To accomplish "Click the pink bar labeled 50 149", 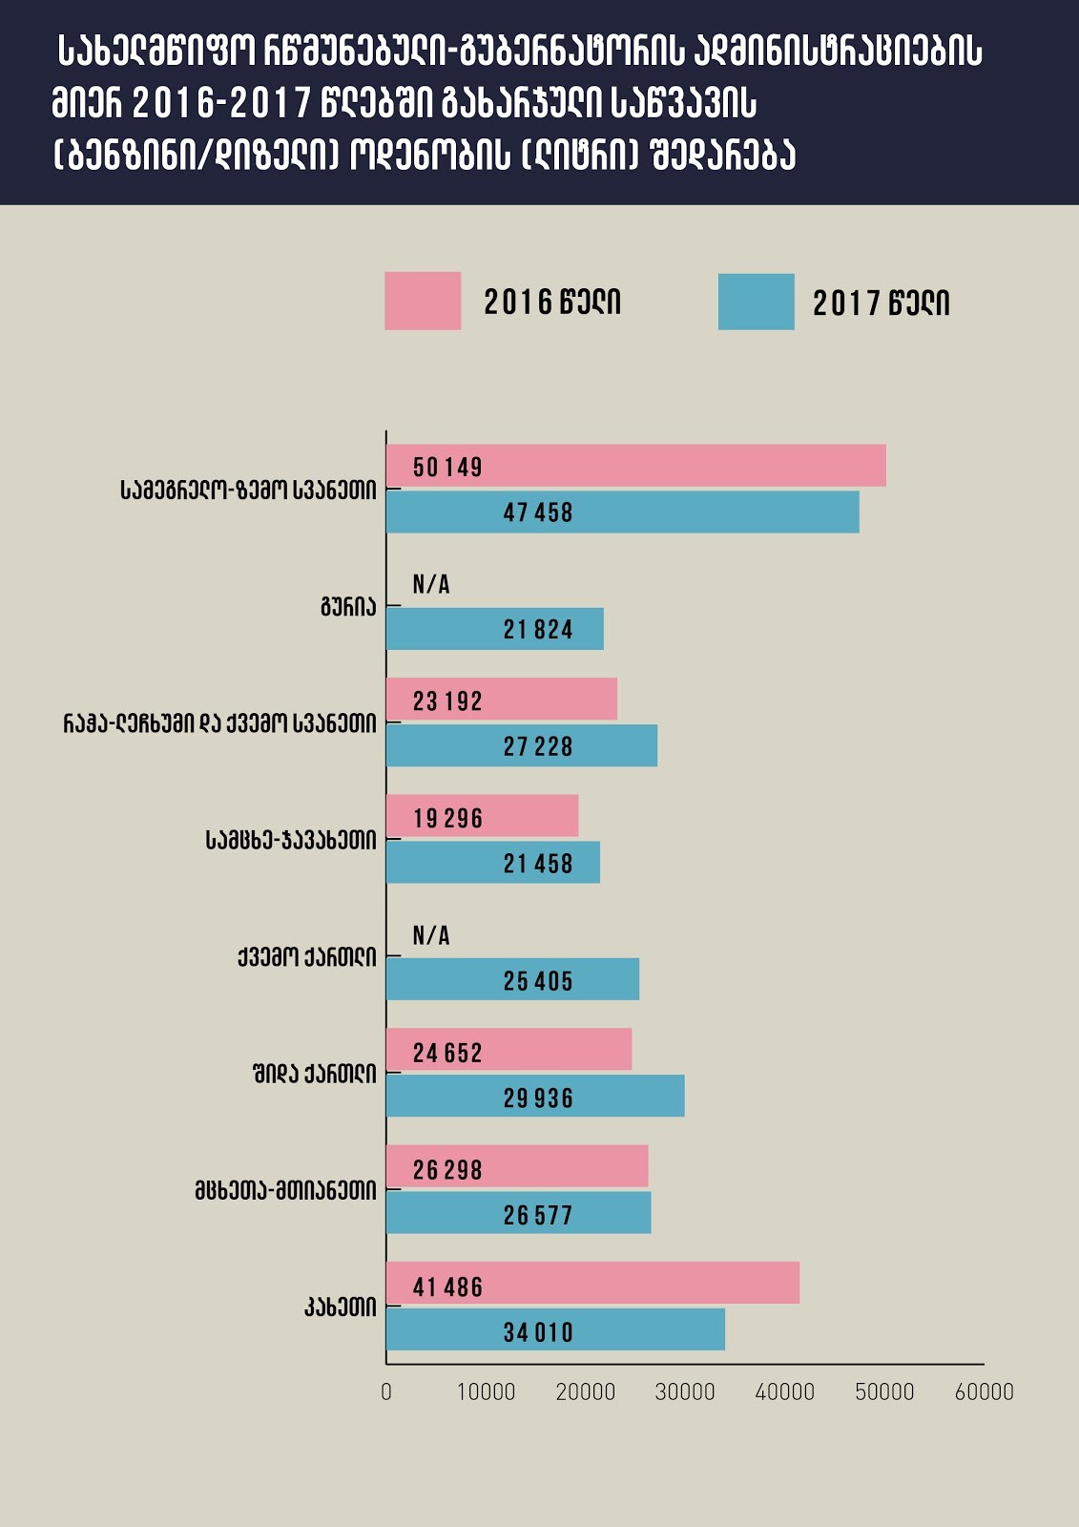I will [636, 466].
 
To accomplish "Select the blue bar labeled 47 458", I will [623, 512].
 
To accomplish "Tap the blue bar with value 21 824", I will [495, 629].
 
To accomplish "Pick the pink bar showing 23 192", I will [502, 700].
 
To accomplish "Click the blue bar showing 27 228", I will [522, 745].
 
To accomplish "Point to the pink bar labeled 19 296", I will [483, 816].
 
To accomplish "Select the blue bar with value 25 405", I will [513, 979].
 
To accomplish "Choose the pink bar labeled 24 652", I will [509, 1050].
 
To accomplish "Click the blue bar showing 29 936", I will [535, 1096].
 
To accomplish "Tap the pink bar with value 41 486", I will [593, 1284].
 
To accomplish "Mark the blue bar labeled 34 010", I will [556, 1329].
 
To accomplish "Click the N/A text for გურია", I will [431, 584].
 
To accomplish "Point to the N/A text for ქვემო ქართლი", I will [431, 935].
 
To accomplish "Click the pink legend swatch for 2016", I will [423, 301].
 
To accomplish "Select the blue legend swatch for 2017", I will [756, 302].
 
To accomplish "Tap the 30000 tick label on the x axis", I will [685, 1391].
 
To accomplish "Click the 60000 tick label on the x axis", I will [984, 1391].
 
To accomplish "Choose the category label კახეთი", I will [341, 1307].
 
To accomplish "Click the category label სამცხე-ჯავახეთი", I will [291, 840].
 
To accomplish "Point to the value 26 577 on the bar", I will [538, 1215].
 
